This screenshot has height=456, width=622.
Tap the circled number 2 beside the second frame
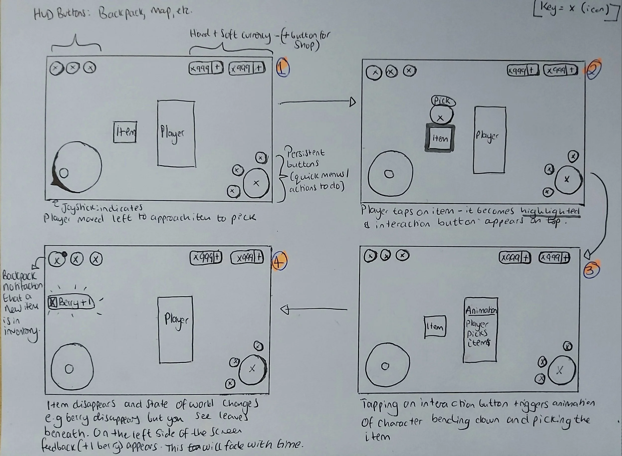[593, 70]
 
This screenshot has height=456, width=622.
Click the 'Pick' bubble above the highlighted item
[443, 101]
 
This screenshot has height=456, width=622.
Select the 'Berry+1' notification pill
[71, 303]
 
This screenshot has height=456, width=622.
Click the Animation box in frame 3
[480, 329]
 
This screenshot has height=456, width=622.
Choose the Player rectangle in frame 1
[176, 134]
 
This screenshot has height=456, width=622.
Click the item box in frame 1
[125, 132]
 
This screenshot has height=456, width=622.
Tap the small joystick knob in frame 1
[64, 173]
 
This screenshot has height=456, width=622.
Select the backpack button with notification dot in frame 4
[57, 259]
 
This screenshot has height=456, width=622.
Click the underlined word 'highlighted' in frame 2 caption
[550, 211]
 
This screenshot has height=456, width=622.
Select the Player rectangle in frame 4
[176, 329]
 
